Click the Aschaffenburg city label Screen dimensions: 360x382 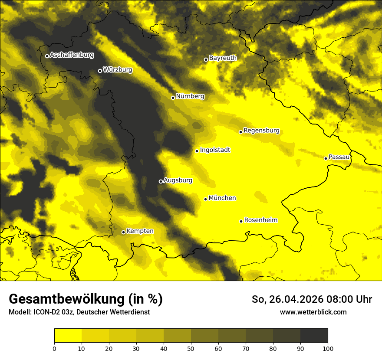click(x=72, y=55)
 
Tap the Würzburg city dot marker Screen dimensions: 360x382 click(x=100, y=71)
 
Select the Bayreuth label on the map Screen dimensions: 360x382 click(x=223, y=58)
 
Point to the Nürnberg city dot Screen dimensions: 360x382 click(x=173, y=98)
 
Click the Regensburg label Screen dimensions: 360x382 click(x=261, y=131)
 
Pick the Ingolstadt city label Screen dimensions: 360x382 click(x=215, y=150)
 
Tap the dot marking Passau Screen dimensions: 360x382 click(x=326, y=158)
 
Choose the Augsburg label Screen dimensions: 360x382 click(x=178, y=180)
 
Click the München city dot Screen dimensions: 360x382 click(x=205, y=199)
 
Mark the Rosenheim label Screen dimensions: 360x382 click(x=260, y=220)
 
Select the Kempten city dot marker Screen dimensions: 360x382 click(x=123, y=232)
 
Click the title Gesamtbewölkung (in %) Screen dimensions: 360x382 click(x=86, y=299)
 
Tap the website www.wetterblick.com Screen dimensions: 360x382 click(x=313, y=312)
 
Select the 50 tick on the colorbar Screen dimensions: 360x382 click(x=191, y=348)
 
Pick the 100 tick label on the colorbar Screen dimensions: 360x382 click(x=328, y=348)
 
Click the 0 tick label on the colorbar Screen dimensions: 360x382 click(x=54, y=348)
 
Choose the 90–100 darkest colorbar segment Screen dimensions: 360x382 click(x=314, y=336)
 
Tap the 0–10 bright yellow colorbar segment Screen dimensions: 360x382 click(x=68, y=336)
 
